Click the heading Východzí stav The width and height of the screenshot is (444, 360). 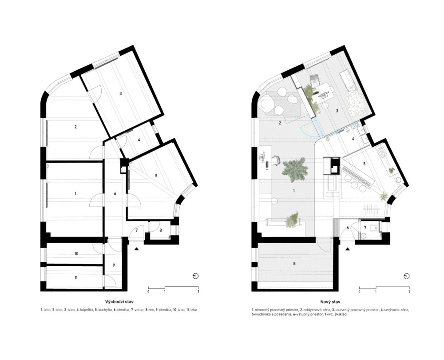tap(119, 302)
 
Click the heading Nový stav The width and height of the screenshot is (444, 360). tap(331, 302)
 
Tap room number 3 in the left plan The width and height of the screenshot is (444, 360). tap(120, 93)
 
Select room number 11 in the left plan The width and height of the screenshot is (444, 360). tap(76, 278)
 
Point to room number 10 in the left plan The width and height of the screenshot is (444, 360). tap(76, 254)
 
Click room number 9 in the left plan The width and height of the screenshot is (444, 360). tap(114, 265)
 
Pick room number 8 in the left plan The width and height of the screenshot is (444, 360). tap(161, 230)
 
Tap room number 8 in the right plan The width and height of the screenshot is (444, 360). tap(294, 264)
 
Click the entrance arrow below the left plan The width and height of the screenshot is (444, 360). tap(136, 249)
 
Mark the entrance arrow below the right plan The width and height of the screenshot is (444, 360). tap(348, 249)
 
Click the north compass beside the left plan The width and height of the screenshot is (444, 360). tap(195, 276)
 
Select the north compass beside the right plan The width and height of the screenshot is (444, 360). tap(407, 276)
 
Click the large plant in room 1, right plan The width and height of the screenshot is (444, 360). tap(295, 170)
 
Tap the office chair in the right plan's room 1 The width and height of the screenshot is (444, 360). tap(276, 160)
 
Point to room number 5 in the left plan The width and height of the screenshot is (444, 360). tap(156, 176)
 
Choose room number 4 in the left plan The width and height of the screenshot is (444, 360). tap(139, 140)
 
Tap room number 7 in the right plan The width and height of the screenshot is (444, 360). tap(365, 228)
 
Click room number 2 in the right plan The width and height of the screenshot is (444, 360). tap(280, 123)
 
